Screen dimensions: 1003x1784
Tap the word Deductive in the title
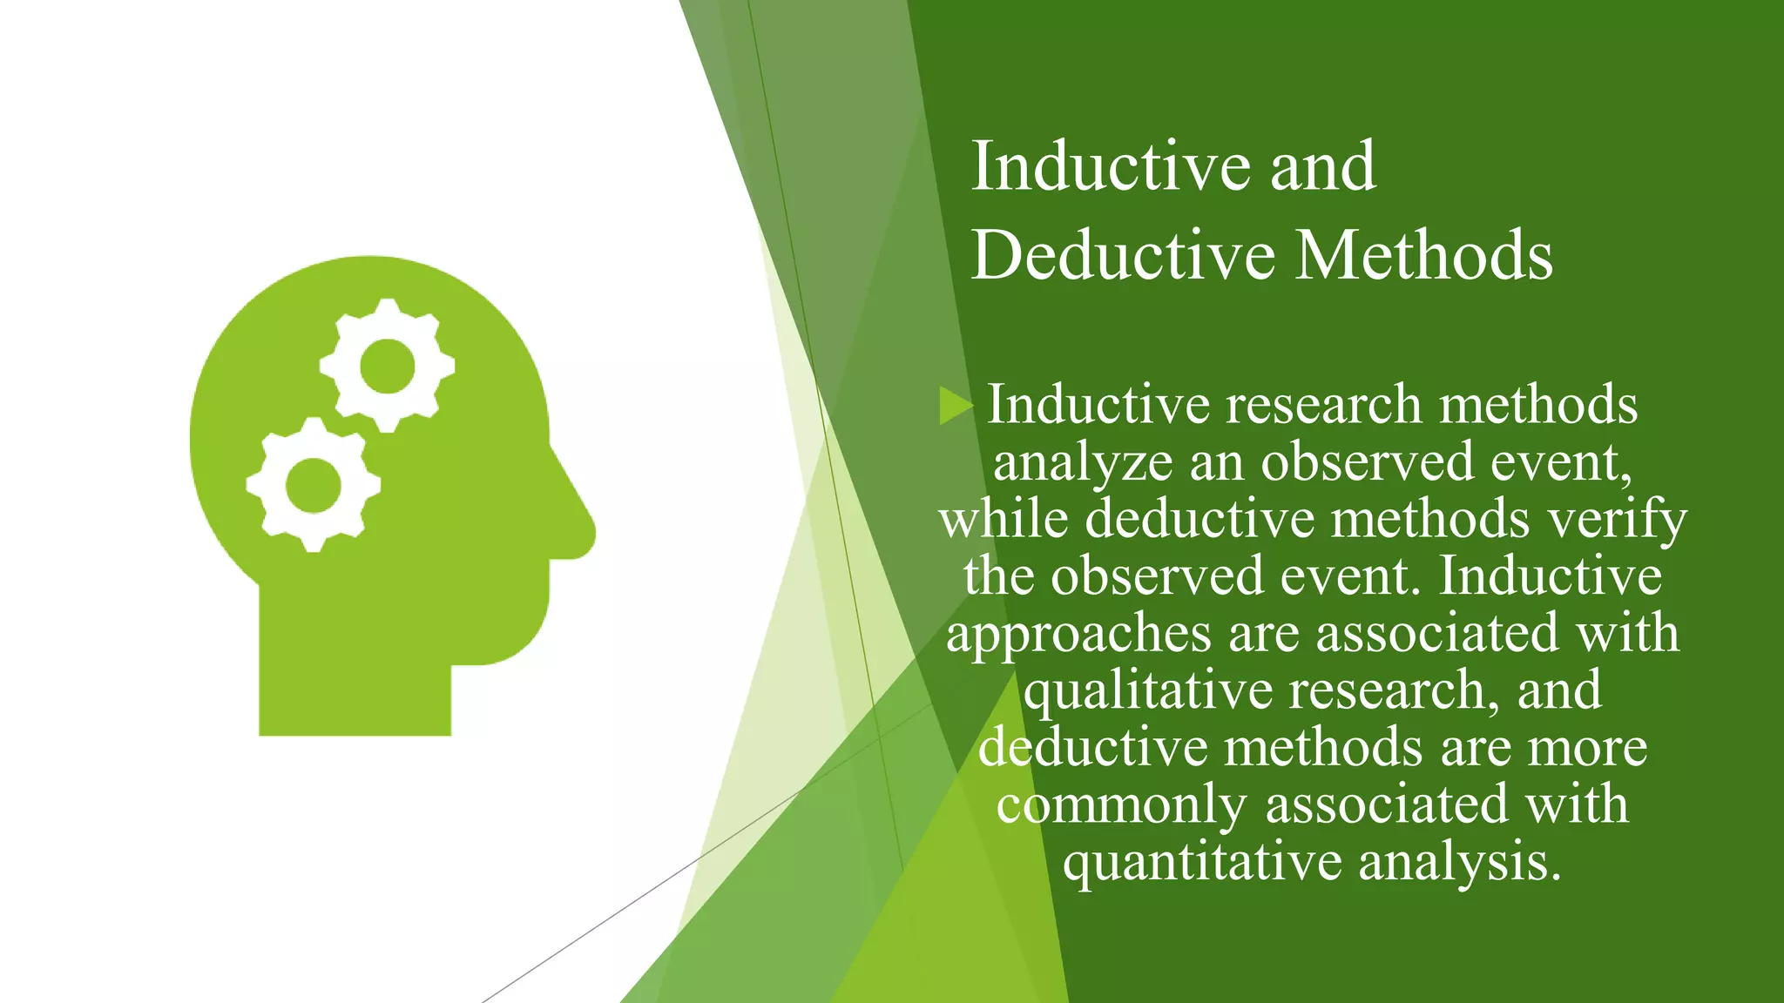point(1124,255)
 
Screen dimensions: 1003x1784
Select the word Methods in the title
point(1423,255)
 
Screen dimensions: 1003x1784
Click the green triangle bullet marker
point(955,406)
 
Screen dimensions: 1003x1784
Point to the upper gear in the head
point(387,366)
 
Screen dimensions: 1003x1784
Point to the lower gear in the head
point(313,484)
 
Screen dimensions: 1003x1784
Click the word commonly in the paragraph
point(1122,804)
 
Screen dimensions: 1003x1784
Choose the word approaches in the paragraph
point(1078,634)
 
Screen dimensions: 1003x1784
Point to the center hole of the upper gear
point(387,366)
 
